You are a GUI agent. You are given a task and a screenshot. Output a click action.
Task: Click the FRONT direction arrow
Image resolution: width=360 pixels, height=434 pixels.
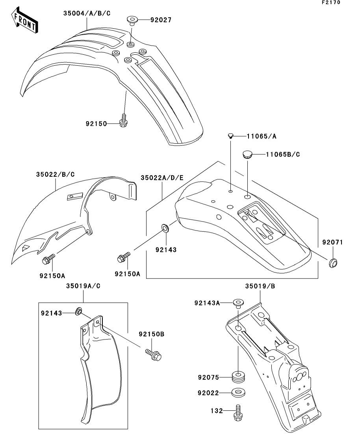[25, 22]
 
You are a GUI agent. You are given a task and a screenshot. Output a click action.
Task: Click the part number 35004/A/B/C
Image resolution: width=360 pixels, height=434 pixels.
[87, 13]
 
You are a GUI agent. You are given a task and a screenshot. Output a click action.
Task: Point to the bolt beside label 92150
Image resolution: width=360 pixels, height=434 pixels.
[123, 120]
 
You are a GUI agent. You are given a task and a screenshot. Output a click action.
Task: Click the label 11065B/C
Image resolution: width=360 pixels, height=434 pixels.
[282, 154]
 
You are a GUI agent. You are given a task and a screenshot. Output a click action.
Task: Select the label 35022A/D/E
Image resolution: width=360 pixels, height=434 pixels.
[162, 178]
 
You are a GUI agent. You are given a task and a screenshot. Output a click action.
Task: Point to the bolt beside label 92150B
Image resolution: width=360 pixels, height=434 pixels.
[154, 355]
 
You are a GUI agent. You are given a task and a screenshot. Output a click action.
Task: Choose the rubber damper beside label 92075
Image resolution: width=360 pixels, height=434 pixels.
[238, 377]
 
